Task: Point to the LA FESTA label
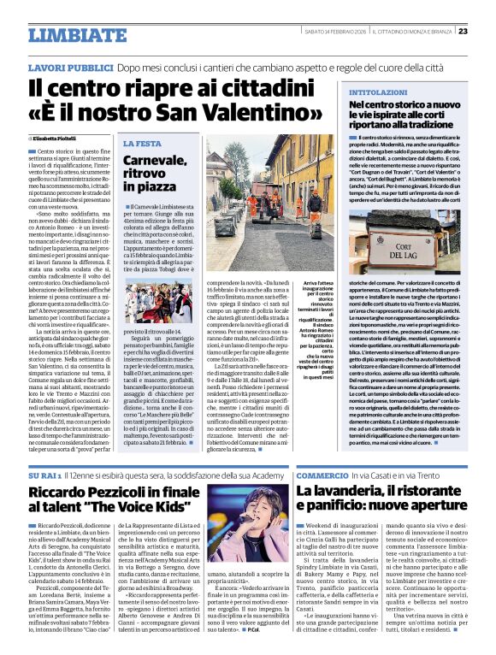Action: pyautogui.click(x=139, y=144)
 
